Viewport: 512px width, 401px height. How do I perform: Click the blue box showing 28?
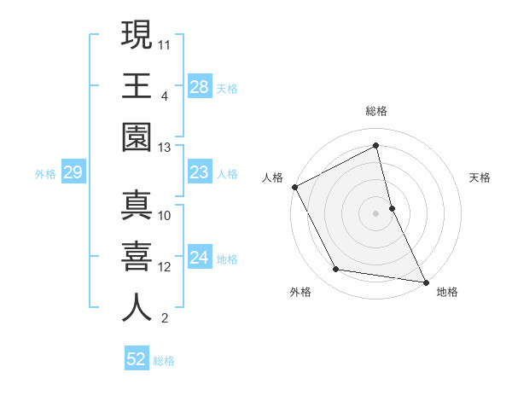pos(199,86)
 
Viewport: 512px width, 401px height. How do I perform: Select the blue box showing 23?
pos(199,173)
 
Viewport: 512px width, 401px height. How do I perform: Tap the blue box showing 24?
pos(199,259)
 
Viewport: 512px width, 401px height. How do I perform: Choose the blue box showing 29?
pos(73,173)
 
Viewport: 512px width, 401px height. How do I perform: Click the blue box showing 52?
pos(137,359)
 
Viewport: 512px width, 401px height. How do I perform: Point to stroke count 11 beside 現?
pos(166,43)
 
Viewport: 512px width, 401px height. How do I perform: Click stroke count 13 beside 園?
pos(165,148)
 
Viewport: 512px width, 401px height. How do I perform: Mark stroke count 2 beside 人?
pos(164,319)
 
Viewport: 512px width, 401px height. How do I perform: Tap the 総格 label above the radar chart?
pos(376,111)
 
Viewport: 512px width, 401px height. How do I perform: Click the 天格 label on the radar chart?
pos(480,177)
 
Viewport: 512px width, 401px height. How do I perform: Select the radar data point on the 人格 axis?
pos(295,187)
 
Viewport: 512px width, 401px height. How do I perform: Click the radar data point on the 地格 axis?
pos(425,281)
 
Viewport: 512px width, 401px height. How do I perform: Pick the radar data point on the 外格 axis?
pos(336,270)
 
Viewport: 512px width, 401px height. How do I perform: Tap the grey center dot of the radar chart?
pos(376,212)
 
